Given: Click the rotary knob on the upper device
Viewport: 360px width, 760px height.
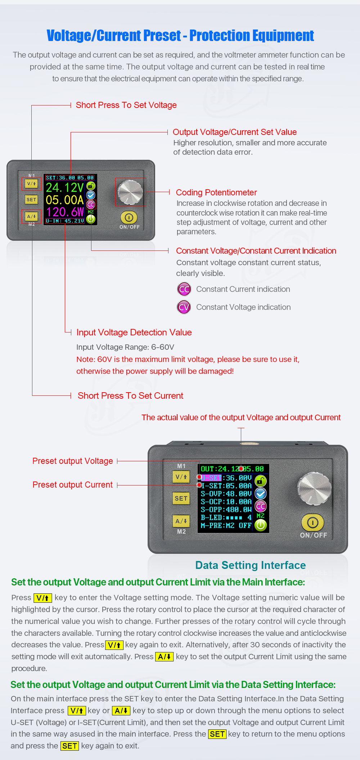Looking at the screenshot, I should click(130, 192).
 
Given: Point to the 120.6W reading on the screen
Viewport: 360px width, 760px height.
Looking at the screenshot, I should click(65, 212).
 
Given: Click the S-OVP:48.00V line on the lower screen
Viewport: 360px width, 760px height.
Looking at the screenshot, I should click(226, 494).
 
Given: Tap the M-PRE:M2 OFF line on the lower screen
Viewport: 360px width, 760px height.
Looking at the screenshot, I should click(226, 525).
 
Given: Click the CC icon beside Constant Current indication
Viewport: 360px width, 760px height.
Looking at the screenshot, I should click(184, 289).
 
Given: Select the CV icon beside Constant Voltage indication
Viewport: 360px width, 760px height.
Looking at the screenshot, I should click(184, 307).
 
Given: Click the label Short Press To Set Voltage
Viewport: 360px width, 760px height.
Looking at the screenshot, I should click(126, 105).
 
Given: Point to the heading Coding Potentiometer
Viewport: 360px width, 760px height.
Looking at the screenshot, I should click(216, 193).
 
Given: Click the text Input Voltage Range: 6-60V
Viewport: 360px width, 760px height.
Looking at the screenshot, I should click(125, 347).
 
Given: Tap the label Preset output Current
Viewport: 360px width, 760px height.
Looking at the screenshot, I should click(73, 485).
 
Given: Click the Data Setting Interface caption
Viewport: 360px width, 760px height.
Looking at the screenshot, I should click(250, 565).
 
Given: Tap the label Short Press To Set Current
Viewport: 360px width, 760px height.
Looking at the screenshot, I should click(130, 396).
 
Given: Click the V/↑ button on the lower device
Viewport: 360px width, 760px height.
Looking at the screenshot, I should click(181, 477).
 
